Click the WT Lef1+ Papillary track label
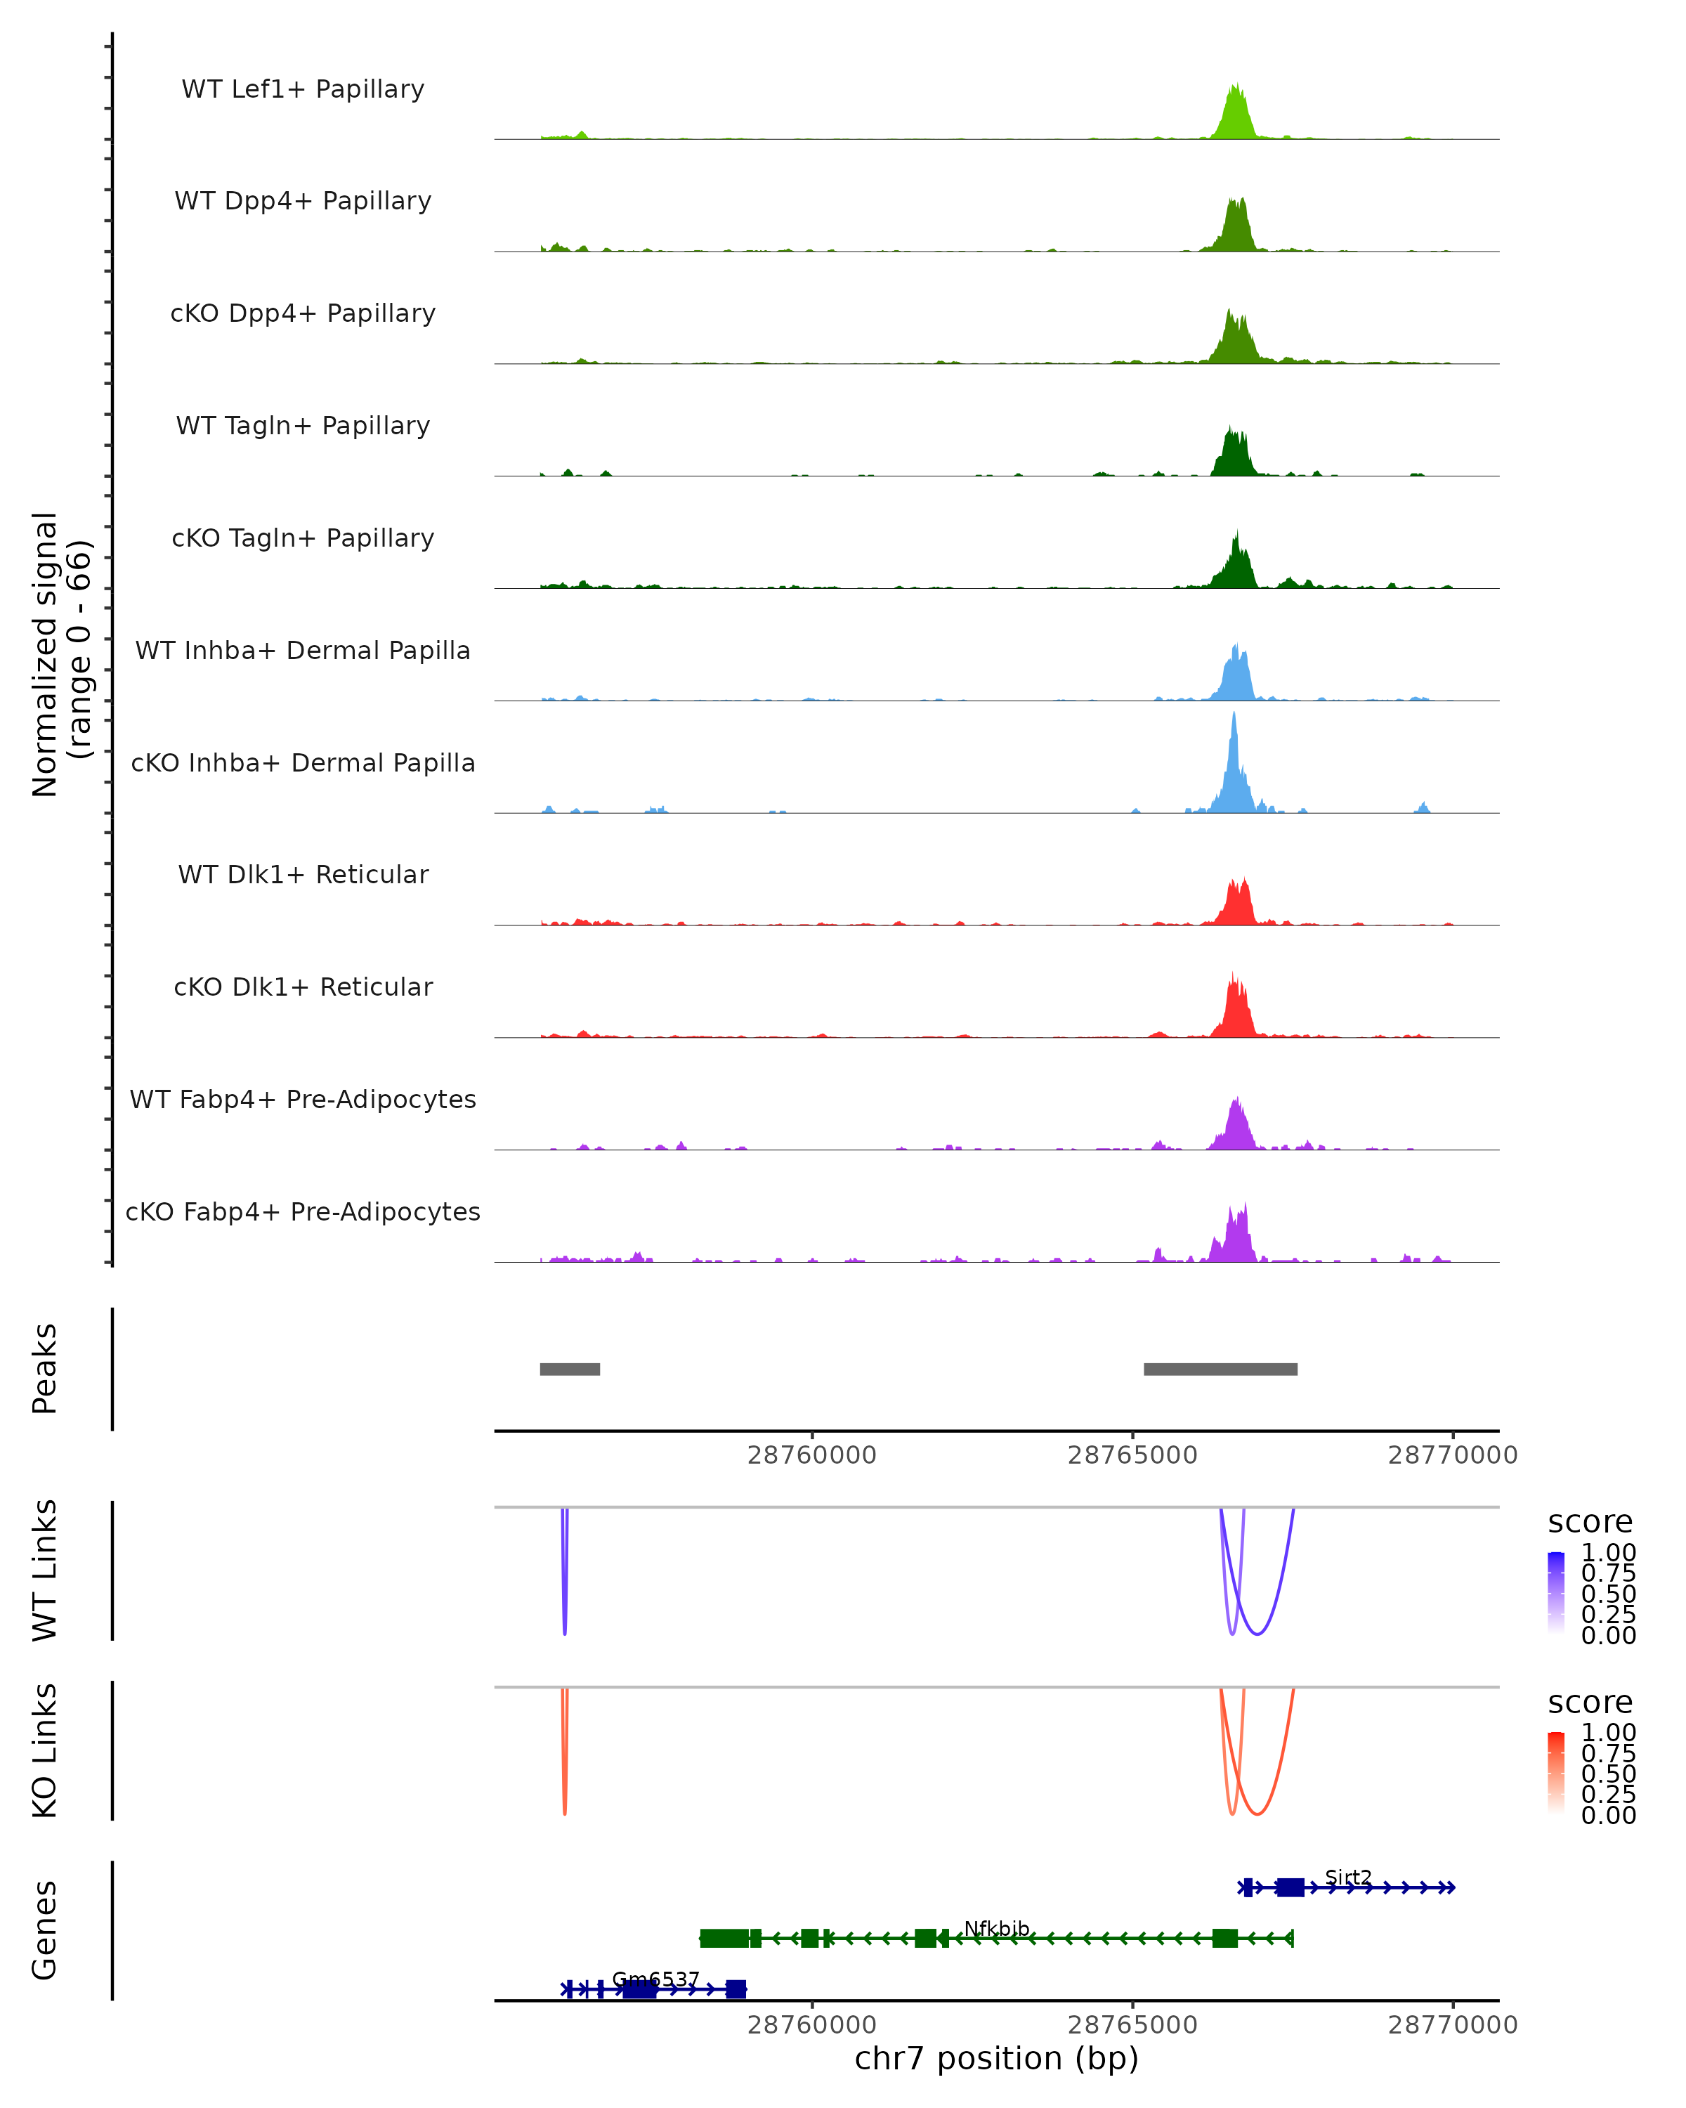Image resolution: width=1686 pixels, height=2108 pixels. (x=303, y=89)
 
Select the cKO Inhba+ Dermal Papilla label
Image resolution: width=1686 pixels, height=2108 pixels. (x=303, y=762)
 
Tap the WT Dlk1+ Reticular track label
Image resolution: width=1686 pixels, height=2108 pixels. (x=303, y=874)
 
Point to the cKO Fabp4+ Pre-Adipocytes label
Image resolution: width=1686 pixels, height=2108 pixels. (x=303, y=1211)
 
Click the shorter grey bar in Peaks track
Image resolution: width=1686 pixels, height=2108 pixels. (x=570, y=1369)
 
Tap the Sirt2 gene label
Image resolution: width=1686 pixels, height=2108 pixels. (x=1348, y=1878)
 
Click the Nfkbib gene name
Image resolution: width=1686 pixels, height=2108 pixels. (x=996, y=1928)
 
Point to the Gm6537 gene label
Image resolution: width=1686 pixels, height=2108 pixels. (x=655, y=1979)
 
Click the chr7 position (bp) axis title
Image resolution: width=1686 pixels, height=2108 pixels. (x=996, y=2059)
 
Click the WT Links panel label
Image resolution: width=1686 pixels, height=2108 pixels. (x=45, y=1571)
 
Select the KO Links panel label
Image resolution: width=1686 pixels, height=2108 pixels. (x=45, y=1751)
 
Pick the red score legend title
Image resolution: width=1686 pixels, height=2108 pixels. (x=1589, y=1703)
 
